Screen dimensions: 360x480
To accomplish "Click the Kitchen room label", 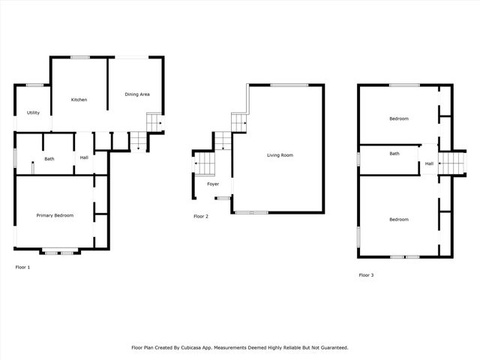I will point(79,100).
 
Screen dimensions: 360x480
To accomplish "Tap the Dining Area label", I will point(137,94).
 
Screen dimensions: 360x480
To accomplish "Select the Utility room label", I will point(33,112).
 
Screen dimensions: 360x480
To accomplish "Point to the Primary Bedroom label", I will point(55,215).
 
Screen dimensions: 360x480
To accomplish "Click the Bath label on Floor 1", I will point(49,158).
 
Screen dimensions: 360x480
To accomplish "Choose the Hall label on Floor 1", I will point(84,157).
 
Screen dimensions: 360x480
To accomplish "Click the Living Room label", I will point(280,155).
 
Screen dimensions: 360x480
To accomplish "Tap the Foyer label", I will point(213,184).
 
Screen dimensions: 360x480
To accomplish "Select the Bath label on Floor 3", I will point(394,154).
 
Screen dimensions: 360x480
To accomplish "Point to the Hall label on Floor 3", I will point(429,163).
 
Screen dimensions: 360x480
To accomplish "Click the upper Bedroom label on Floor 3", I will point(398,118).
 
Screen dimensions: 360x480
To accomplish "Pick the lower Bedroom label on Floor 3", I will point(398,219).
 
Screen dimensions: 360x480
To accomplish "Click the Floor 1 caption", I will point(22,267).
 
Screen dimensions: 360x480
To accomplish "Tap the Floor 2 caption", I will point(200,217).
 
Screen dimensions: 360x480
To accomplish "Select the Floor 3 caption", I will point(366,275).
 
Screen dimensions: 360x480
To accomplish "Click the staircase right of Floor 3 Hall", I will point(451,161).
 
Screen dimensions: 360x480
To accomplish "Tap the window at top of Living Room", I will point(289,85).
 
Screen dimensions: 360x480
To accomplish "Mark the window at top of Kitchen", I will point(79,57).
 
